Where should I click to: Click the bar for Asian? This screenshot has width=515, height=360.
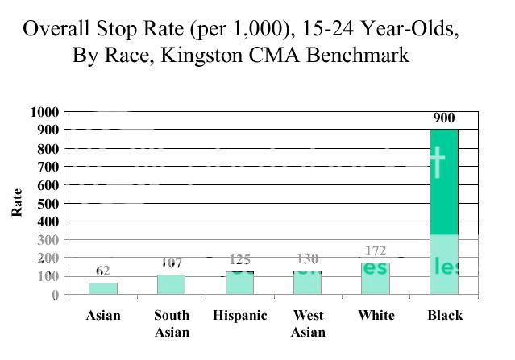click(x=102, y=288)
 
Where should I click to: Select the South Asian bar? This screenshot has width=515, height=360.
click(x=171, y=284)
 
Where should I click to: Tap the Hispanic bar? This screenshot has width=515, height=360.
click(x=239, y=283)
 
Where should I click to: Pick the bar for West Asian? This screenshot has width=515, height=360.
click(x=307, y=282)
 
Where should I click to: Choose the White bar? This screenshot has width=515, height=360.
click(x=376, y=278)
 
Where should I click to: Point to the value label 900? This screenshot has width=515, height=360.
click(x=443, y=119)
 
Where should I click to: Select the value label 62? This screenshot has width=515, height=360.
click(x=102, y=271)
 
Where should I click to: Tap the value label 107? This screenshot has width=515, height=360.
click(x=171, y=263)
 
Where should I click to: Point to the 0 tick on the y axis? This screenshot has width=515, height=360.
click(x=55, y=295)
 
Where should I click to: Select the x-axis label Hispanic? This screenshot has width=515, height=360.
click(x=239, y=316)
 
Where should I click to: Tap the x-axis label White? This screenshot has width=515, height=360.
click(x=376, y=316)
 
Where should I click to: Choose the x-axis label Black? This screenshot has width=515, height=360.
click(x=444, y=316)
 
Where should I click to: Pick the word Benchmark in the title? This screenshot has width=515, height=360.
click(x=363, y=56)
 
